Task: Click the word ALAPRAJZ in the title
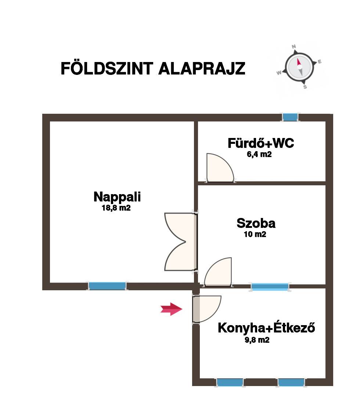(x=202, y=69)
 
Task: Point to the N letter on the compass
(x=294, y=47)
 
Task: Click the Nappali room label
(x=117, y=197)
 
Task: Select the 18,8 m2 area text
(x=116, y=208)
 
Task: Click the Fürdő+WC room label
(x=261, y=143)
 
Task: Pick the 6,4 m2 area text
(x=259, y=154)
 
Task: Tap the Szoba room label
(x=256, y=223)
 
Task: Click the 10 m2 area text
(x=255, y=234)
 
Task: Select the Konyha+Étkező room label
(x=267, y=328)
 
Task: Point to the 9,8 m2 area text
(x=257, y=340)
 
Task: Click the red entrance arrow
(x=171, y=309)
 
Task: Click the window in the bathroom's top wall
(x=290, y=117)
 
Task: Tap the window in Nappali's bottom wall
(x=107, y=286)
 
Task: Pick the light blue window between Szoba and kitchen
(x=270, y=287)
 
